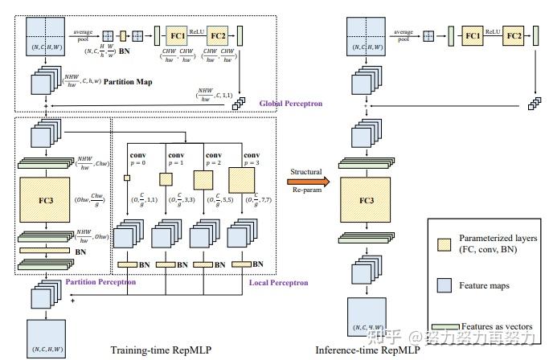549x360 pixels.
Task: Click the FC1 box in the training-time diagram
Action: point(178,36)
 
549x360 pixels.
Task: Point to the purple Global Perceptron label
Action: point(290,103)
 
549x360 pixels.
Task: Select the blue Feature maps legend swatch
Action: point(443,284)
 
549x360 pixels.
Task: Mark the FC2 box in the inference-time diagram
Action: point(515,36)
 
